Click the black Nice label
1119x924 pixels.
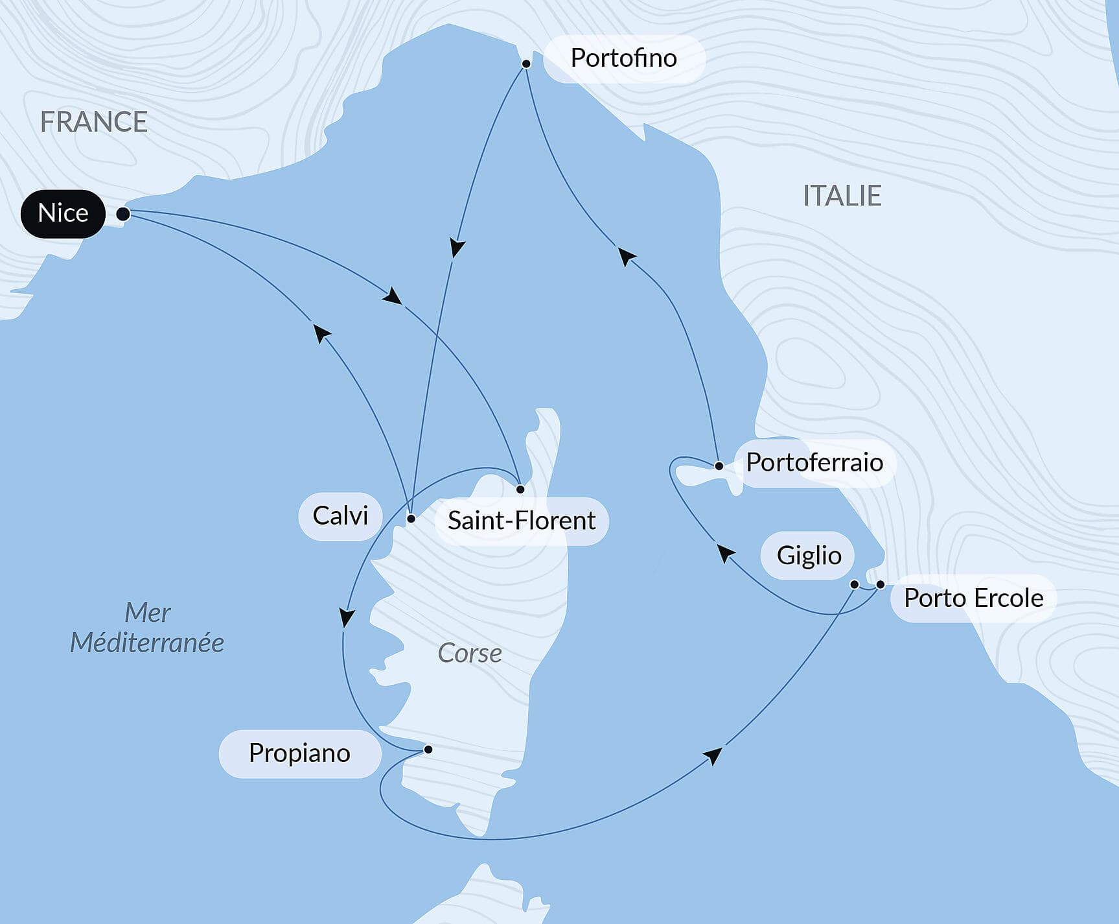pos(63,213)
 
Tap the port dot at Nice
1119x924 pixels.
pos(122,213)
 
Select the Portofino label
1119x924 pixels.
pos(623,58)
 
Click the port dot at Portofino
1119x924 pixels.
pos(526,64)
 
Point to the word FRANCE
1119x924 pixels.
pos(94,122)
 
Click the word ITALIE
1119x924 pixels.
pos(842,196)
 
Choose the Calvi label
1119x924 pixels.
pos(340,516)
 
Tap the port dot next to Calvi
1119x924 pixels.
pos(411,519)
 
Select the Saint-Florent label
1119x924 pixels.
pos(521,521)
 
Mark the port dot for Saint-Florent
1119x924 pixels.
pos(520,489)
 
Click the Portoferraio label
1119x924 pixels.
pos(814,462)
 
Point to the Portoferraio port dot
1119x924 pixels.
pos(719,466)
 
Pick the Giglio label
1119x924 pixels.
pos(808,556)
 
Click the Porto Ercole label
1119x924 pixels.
pos(973,598)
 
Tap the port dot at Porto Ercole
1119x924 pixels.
pos(880,585)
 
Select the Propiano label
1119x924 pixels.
pos(299,753)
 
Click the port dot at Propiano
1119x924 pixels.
pos(428,750)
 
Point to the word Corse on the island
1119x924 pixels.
pos(470,653)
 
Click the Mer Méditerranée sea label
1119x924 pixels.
pos(147,628)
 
